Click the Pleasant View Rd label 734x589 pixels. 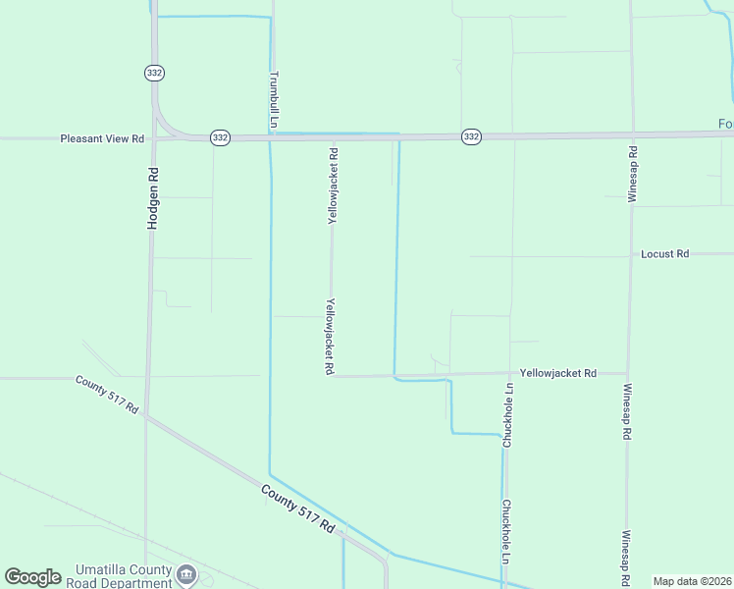tap(102, 139)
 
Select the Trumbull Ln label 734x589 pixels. tap(275, 99)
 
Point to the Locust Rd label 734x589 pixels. tap(664, 254)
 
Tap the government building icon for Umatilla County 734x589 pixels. tap(185, 574)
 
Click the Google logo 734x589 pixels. tap(32, 577)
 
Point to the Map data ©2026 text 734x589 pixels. tap(691, 581)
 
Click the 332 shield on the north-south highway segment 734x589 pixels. tap(154, 73)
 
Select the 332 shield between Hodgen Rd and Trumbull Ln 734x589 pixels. tap(220, 138)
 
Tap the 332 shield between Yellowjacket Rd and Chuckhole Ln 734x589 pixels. tap(471, 136)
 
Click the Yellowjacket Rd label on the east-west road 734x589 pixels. tap(557, 373)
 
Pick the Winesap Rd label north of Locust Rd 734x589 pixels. tap(633, 174)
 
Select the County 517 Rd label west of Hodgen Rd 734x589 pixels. tap(107, 393)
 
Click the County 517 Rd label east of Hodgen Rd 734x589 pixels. tap(297, 509)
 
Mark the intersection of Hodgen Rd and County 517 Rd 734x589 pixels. tap(146, 415)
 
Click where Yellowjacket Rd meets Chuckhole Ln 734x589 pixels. tap(509, 373)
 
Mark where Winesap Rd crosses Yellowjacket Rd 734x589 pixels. tap(628, 373)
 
